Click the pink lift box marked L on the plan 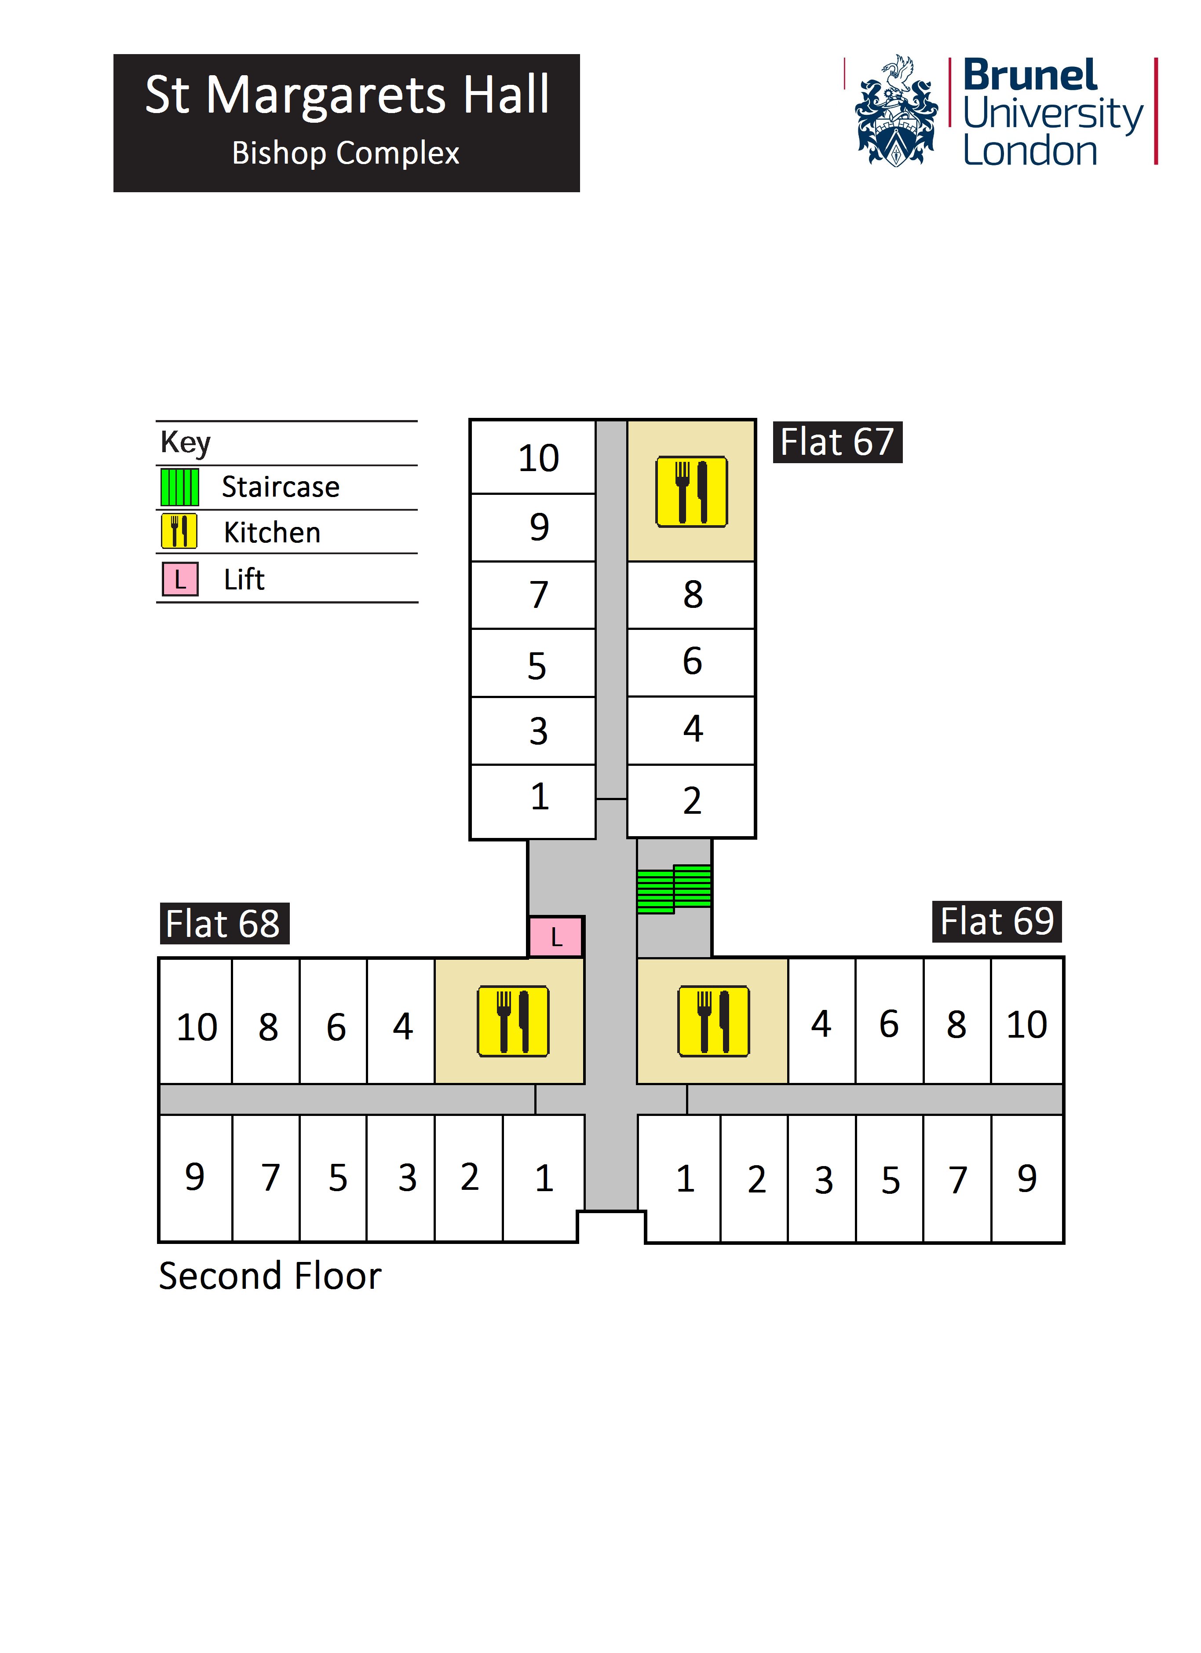[556, 936]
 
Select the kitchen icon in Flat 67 [692, 492]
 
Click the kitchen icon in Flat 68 [513, 1020]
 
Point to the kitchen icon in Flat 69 [713, 1020]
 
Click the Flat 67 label [837, 443]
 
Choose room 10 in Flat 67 [539, 458]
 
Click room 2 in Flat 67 [692, 800]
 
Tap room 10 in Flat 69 [1027, 1024]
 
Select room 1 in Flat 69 [685, 1178]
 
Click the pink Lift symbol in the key [180, 579]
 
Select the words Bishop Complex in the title [345, 153]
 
